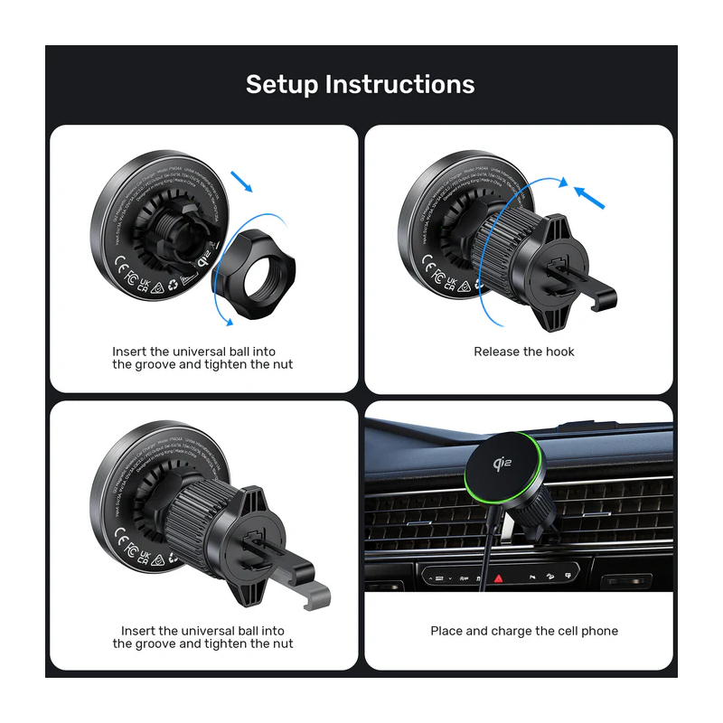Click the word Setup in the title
(281, 84)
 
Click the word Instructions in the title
(399, 84)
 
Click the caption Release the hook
(523, 352)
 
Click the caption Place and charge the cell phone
(524, 631)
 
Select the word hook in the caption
(559, 352)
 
